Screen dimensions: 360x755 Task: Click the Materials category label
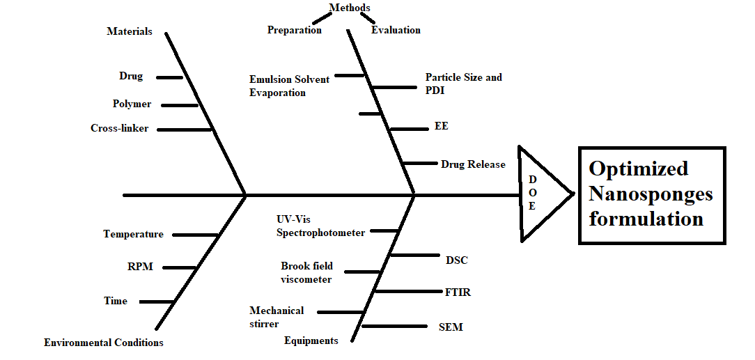click(x=129, y=31)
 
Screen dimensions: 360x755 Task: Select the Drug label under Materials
click(x=131, y=76)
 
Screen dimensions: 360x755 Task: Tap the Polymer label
click(x=132, y=104)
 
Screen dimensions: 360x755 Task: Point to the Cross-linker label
click(x=119, y=128)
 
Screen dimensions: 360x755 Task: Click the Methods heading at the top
click(x=350, y=8)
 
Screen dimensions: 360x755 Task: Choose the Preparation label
click(x=295, y=30)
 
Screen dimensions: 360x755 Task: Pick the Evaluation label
click(x=396, y=30)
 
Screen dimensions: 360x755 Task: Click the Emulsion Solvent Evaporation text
click(x=289, y=86)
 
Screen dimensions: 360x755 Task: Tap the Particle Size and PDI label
click(x=463, y=84)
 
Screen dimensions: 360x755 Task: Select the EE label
click(x=441, y=126)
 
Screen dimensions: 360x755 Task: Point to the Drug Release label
click(x=473, y=164)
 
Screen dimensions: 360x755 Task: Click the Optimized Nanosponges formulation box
click(x=651, y=194)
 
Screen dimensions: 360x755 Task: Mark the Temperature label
click(x=133, y=234)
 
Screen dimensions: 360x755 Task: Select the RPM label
click(x=140, y=267)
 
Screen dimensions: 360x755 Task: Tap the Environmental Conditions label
click(x=104, y=343)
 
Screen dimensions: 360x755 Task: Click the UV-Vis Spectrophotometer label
click(x=320, y=226)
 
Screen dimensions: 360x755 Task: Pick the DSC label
click(x=456, y=260)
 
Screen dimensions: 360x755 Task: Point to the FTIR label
click(x=458, y=292)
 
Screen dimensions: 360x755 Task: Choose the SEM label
click(x=451, y=327)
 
